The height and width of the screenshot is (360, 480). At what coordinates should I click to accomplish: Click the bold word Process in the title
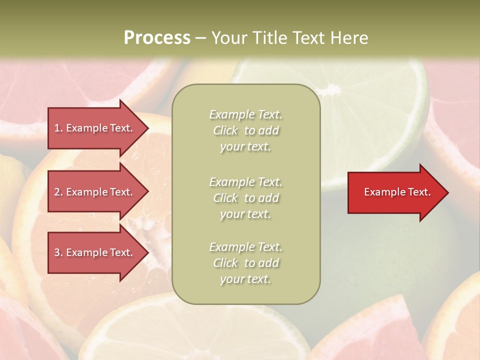[x=157, y=38]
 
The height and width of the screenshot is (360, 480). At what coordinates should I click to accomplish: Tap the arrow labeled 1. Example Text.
[x=95, y=128]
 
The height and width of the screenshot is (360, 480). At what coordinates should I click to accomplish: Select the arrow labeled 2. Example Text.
[x=95, y=192]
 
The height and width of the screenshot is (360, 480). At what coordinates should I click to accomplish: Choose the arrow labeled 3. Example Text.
[x=95, y=252]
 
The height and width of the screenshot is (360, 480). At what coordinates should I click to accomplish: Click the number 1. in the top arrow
[x=58, y=128]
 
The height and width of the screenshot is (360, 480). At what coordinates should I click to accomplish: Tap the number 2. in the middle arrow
[x=58, y=192]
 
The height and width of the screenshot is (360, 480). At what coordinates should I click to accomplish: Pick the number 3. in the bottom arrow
[x=58, y=252]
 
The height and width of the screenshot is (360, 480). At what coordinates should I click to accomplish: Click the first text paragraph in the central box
[x=245, y=130]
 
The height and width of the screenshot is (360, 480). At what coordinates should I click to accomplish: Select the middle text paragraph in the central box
[x=245, y=198]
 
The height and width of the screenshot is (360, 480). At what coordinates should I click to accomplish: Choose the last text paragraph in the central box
[x=245, y=263]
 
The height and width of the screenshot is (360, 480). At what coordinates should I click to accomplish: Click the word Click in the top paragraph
[x=225, y=130]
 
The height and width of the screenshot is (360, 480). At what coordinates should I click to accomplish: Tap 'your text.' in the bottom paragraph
[x=245, y=279]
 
